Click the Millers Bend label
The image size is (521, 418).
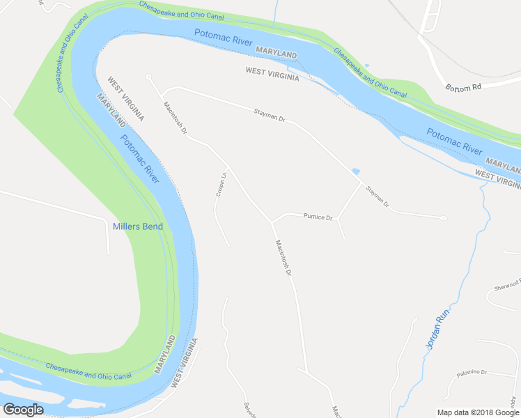[138, 226]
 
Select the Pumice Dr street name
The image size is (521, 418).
[319, 217]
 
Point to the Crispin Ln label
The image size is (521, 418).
[219, 185]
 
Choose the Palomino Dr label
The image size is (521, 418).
[472, 373]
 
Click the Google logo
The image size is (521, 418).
[23, 410]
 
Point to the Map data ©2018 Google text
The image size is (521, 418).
[477, 412]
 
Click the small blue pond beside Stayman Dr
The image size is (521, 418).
[357, 171]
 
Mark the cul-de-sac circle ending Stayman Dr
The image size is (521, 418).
[443, 217]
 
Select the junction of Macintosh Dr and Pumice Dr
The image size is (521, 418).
[272, 222]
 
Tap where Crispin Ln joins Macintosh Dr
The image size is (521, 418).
[228, 168]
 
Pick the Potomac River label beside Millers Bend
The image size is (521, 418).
[140, 158]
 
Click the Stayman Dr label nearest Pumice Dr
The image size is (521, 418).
[377, 197]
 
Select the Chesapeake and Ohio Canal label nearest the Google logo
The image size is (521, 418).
[88, 371]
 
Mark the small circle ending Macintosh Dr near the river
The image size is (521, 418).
[148, 77]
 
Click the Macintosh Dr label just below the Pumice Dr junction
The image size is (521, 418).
[282, 257]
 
